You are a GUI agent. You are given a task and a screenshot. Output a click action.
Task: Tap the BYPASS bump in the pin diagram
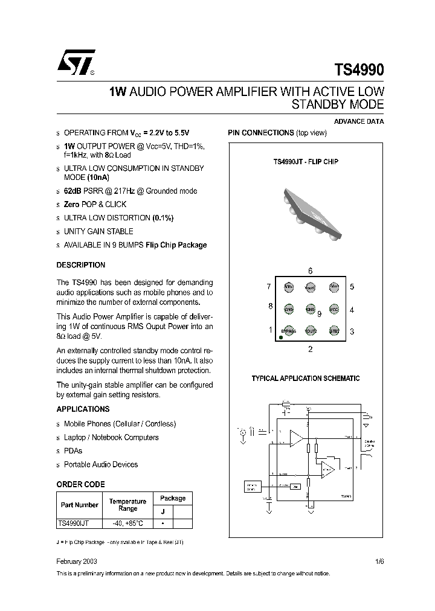click(289, 331)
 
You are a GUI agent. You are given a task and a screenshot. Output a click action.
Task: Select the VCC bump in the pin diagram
click(333, 309)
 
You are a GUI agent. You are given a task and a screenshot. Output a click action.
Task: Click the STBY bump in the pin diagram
click(333, 331)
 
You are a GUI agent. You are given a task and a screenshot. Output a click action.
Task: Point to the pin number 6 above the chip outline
click(310, 271)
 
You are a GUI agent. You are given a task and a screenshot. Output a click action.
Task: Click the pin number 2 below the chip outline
click(310, 349)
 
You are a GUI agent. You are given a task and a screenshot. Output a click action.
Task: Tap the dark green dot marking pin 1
click(281, 337)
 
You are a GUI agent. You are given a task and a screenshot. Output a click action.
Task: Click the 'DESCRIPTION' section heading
click(80, 265)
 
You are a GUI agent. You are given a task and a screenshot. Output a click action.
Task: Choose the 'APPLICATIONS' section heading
click(83, 409)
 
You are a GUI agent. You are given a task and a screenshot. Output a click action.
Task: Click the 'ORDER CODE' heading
click(80, 484)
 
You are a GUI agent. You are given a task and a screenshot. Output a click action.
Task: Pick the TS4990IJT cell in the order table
click(78, 524)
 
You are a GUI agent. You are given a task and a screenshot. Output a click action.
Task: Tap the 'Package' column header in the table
click(172, 498)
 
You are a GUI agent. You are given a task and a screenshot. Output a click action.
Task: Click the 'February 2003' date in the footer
click(77, 561)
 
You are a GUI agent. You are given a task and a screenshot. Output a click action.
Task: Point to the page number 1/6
click(379, 561)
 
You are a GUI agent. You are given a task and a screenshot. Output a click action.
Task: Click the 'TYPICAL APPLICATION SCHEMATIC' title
click(305, 379)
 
